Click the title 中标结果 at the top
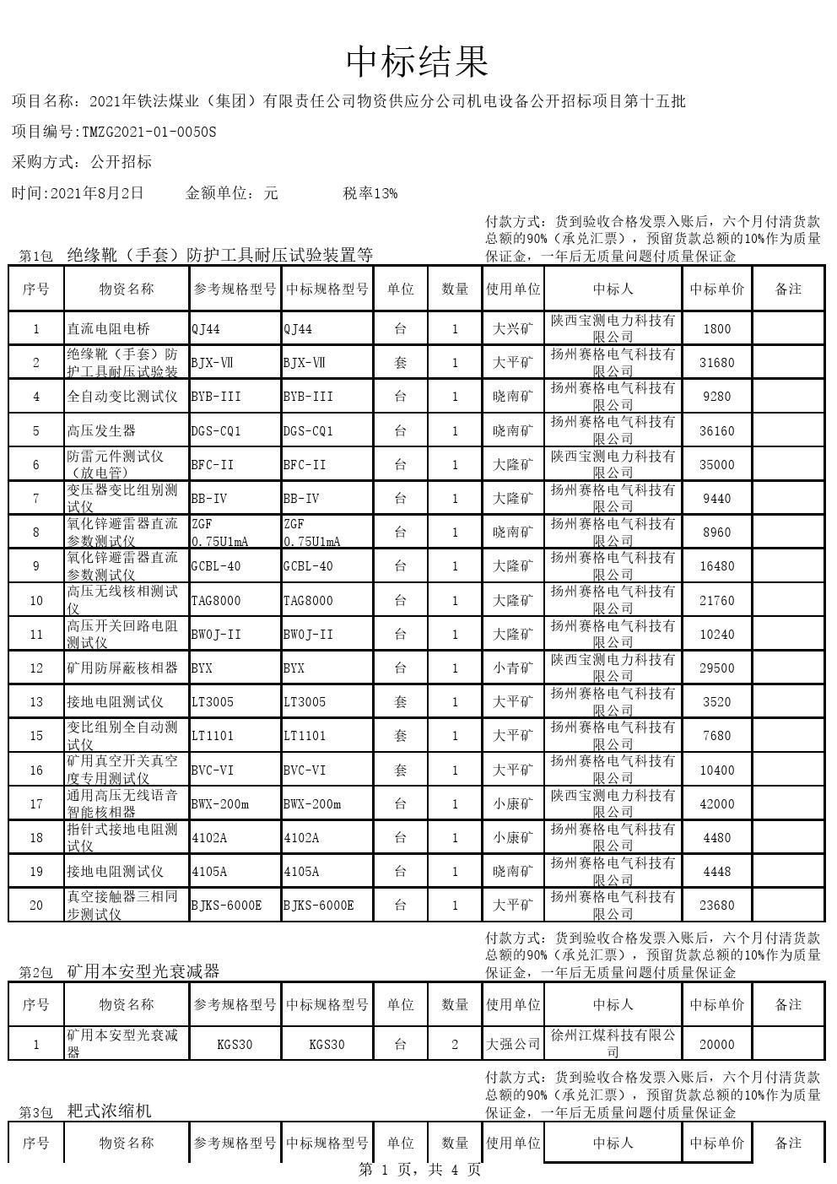[418, 62]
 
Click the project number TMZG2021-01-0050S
[148, 132]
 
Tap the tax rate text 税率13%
[370, 193]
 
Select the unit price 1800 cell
[716, 328]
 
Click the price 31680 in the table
[716, 363]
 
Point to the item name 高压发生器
[101, 430]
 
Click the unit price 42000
[716, 804]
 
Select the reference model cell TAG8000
[216, 601]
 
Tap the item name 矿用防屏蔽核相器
[122, 668]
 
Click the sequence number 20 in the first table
[36, 906]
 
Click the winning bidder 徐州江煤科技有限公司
[613, 1043]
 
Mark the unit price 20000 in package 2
[716, 1044]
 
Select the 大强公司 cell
[513, 1044]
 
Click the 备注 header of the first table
[788, 289]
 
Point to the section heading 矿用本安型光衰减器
[143, 971]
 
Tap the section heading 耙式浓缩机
[110, 1111]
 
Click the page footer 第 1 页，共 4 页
[419, 1170]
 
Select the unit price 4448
[716, 872]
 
